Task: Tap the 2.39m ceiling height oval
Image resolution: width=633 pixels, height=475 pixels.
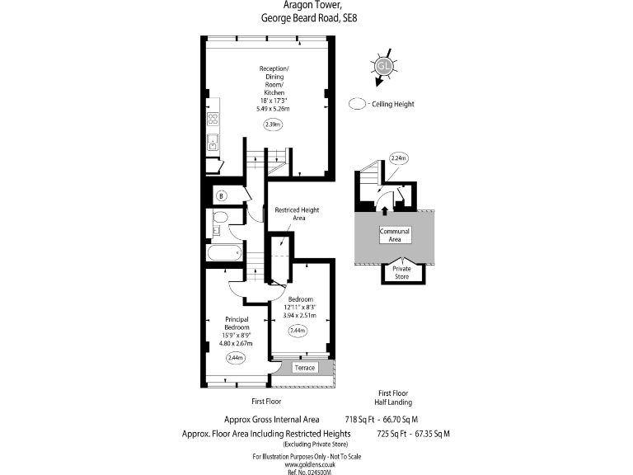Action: click(x=273, y=125)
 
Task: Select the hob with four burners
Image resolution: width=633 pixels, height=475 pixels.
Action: click(x=212, y=120)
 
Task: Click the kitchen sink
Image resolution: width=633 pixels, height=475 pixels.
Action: click(x=212, y=143)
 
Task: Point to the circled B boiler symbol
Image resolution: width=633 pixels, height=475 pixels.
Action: click(x=221, y=195)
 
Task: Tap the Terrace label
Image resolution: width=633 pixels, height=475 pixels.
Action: click(x=305, y=367)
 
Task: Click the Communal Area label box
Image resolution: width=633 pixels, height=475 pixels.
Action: click(x=394, y=235)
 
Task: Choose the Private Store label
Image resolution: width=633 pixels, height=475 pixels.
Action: click(x=401, y=272)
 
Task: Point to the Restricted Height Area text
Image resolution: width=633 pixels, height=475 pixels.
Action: click(x=296, y=214)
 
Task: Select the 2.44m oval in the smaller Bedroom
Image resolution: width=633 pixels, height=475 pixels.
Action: click(x=298, y=331)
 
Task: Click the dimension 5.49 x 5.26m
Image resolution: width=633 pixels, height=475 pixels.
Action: click(x=273, y=108)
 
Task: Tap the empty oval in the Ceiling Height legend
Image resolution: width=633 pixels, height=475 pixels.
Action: click(x=357, y=105)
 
